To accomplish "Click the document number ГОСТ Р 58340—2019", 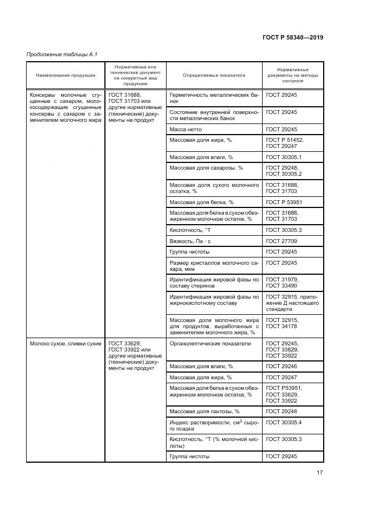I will [x=292, y=38].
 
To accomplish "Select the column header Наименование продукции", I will [x=66, y=75].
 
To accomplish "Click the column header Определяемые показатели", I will [x=214, y=75].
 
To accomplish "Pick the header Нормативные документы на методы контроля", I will [x=293, y=75].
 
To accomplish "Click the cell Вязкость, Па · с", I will [x=191, y=241].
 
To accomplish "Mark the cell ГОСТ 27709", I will [x=281, y=241].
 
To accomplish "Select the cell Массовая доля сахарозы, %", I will [x=206, y=168].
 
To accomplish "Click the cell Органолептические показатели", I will [x=210, y=344].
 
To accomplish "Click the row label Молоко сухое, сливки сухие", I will [x=66, y=344].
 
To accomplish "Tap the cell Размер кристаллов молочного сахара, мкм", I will [x=214, y=266].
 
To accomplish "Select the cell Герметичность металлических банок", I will [x=214, y=98].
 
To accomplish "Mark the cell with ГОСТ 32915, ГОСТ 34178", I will [x=282, y=323].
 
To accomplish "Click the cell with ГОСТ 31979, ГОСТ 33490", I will [x=282, y=283].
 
